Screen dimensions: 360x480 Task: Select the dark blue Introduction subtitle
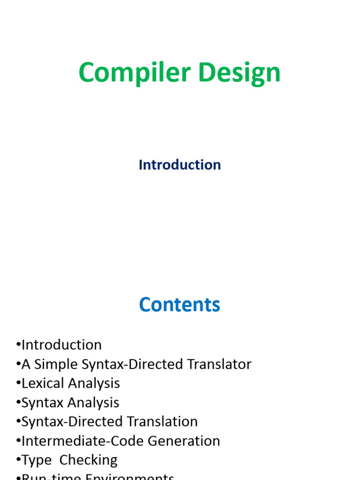tap(180, 165)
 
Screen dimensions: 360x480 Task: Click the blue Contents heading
tap(180, 305)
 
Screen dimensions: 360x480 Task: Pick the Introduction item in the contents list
tap(61, 345)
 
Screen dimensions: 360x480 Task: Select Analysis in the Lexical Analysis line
tap(94, 383)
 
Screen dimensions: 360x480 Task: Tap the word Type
tap(36, 460)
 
